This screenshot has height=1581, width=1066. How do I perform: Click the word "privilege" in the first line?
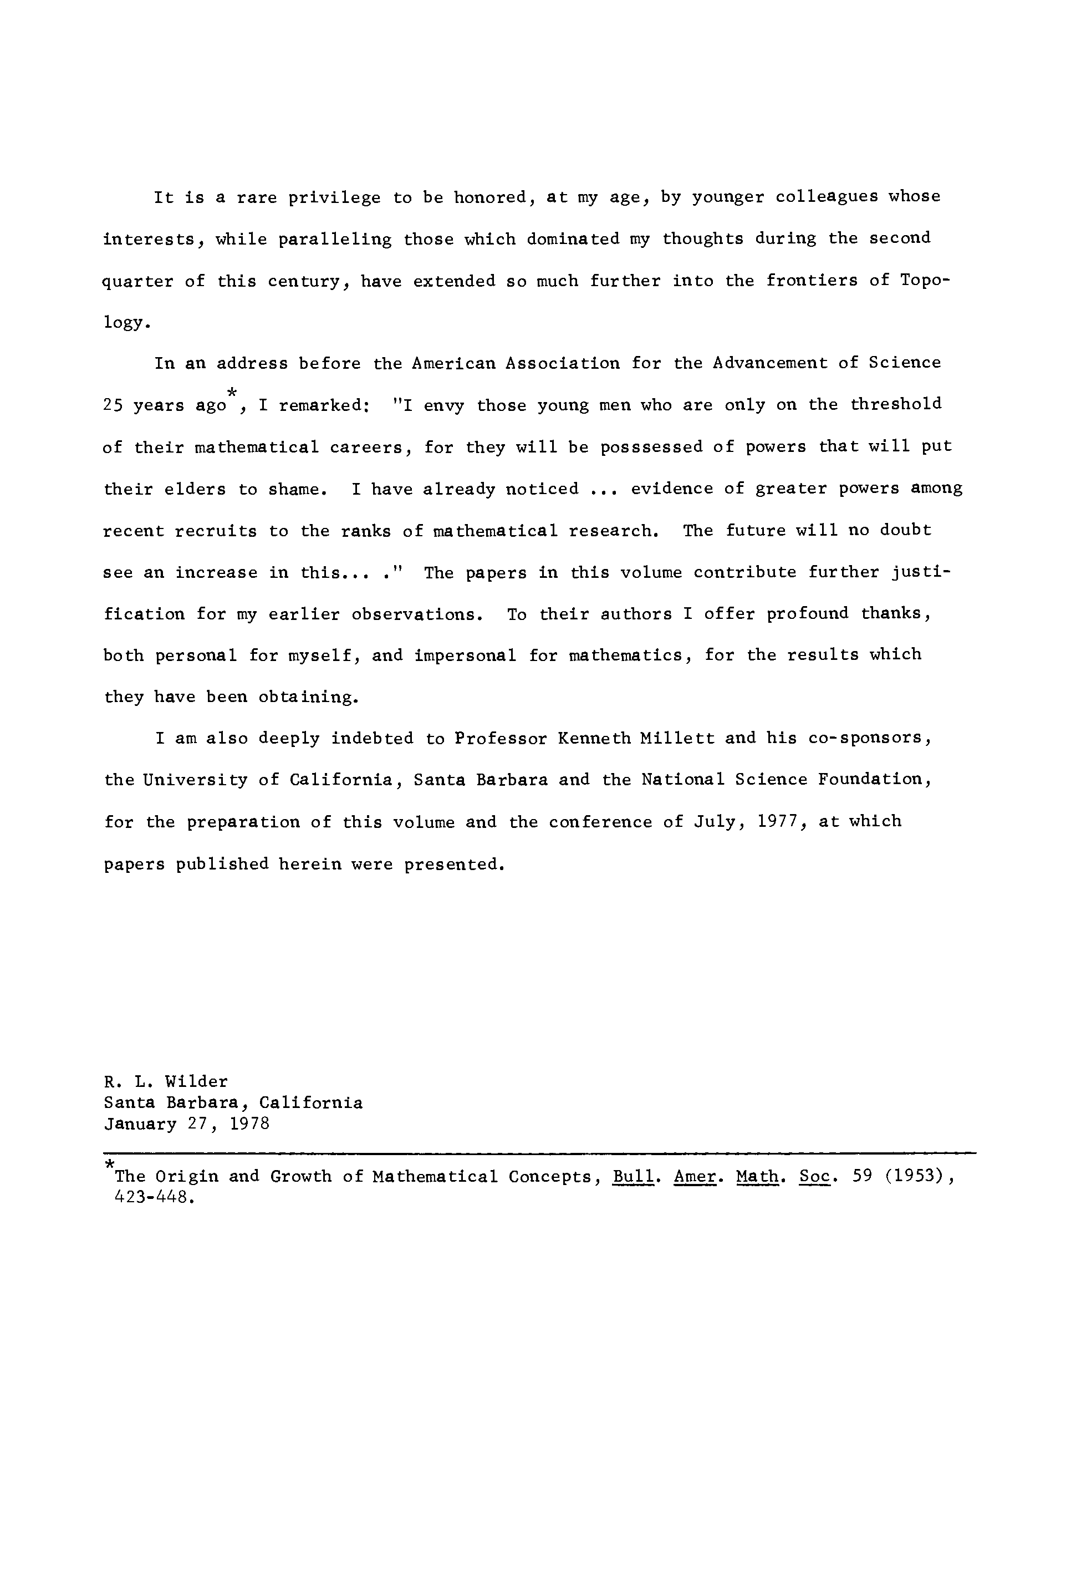pos(334,198)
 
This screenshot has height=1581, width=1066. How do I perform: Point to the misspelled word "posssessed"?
pos(651,448)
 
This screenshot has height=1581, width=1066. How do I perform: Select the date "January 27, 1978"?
pos(187,1124)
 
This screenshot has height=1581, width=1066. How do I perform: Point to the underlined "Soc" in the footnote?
pos(814,1177)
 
